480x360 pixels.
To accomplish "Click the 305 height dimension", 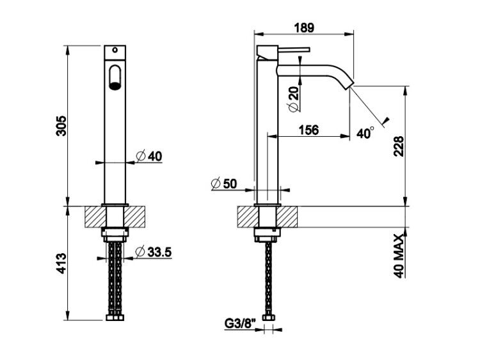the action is pos(61,126).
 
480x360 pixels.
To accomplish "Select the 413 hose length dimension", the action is pos(61,263).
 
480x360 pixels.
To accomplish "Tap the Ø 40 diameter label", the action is pos(148,156).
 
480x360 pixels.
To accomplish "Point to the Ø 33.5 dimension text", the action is pos(154,252).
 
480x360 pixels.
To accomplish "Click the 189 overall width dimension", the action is pos(304,28).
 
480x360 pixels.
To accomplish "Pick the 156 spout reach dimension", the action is pos(308,130).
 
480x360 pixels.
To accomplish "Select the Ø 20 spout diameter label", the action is pos(293,99).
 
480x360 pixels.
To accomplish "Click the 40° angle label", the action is pos(365,133).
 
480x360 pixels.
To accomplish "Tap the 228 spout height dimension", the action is pos(399,146).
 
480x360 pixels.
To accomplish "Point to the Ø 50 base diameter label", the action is pos(224,184).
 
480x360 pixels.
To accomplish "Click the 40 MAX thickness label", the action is pos(399,256).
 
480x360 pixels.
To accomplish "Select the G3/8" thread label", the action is pos(240,324).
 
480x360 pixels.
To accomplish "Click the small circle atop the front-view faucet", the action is pos(115,50).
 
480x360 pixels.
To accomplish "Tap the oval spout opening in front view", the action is pos(115,77).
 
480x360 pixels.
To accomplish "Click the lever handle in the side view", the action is pos(294,49).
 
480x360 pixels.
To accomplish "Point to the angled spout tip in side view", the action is pos(349,84).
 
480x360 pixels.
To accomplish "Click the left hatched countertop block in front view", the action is pos(95,217).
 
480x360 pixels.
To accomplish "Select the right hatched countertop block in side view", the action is pos(287,217).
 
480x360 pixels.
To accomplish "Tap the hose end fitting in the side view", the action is pos(268,318).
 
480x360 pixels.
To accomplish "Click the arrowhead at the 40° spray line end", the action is pos(385,121).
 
